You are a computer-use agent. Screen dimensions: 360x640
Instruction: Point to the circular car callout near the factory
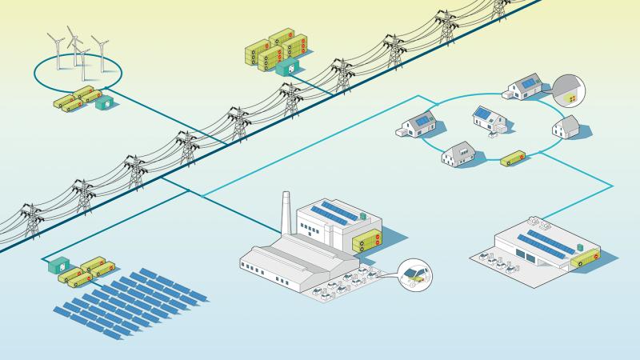point(416,276)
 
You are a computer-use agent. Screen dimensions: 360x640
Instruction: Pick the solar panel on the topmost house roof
point(528,83)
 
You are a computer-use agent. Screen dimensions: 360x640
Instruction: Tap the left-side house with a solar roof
point(419,126)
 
